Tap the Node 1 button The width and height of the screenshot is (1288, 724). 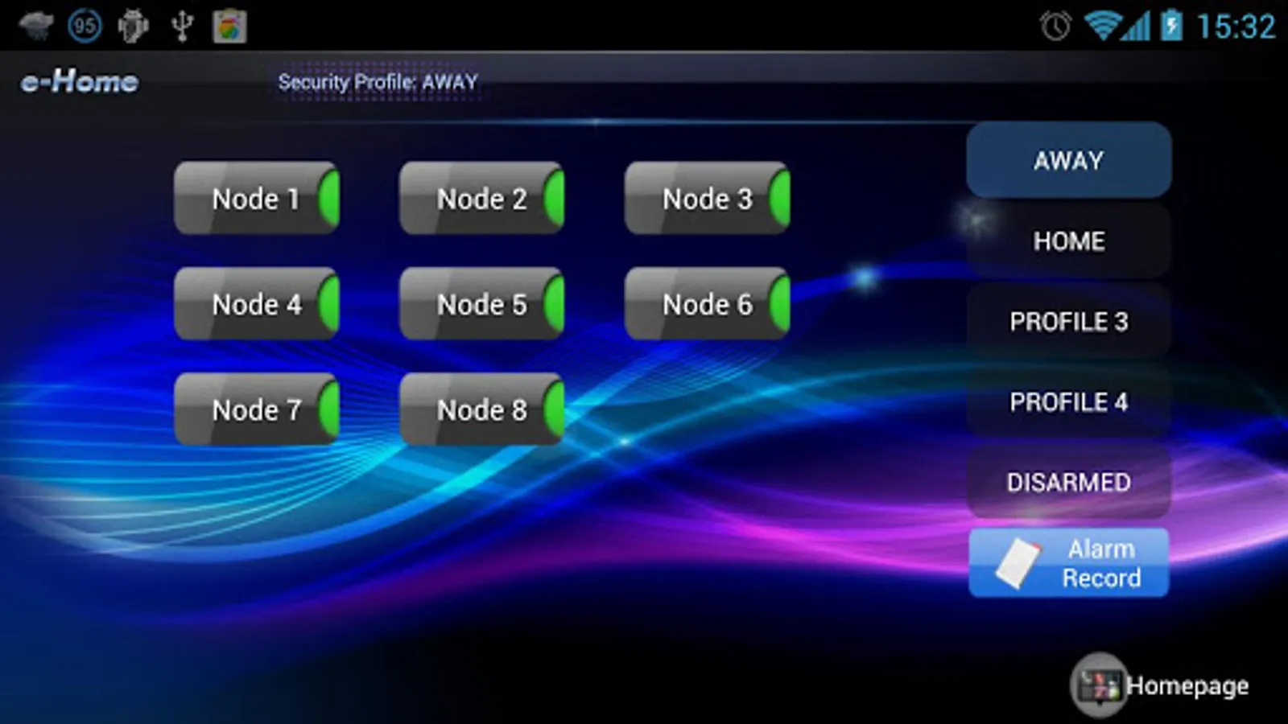[x=256, y=199]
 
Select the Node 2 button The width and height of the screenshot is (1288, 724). [x=481, y=199]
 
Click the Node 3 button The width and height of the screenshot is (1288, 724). [x=707, y=199]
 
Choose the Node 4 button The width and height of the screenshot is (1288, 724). [x=256, y=304]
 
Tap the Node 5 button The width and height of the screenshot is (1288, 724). [x=481, y=304]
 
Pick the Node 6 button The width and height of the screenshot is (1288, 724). [x=707, y=304]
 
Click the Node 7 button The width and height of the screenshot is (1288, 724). [x=256, y=409]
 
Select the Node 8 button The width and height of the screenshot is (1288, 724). [x=481, y=409]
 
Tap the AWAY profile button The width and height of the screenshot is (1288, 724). [x=1068, y=160]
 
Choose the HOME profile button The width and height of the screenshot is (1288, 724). [x=1068, y=241]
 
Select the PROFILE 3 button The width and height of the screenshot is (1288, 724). [x=1068, y=321]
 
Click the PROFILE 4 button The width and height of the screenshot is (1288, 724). [x=1068, y=401]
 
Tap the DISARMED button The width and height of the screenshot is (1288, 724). [x=1068, y=482]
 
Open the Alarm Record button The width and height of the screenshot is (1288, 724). [x=1068, y=563]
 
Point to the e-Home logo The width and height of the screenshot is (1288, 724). [x=80, y=81]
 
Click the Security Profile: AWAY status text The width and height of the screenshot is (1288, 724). [x=378, y=82]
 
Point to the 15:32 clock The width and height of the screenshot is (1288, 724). [x=1236, y=27]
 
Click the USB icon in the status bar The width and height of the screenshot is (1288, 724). [x=182, y=26]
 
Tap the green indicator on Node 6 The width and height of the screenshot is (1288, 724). [x=779, y=304]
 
